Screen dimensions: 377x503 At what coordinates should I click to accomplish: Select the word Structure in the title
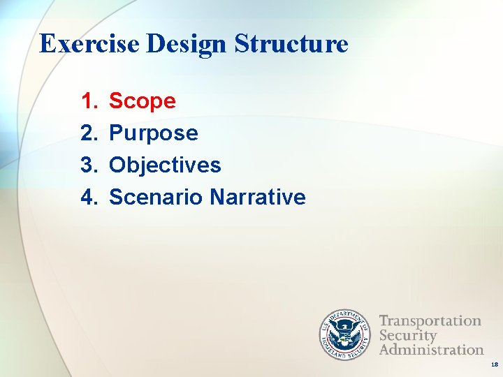291,44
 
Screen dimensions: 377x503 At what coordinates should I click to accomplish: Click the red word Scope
143,101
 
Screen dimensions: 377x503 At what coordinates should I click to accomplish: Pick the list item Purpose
154,133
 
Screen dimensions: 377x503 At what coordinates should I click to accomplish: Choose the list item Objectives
165,165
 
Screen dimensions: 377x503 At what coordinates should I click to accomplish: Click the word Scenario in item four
156,198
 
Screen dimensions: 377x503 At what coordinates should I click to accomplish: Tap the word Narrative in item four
258,198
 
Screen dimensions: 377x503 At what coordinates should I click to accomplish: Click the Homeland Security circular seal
344,334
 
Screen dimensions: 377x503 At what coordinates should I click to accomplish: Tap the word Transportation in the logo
430,321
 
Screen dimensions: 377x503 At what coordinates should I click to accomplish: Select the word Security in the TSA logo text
408,335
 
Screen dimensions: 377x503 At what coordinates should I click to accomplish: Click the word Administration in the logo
431,349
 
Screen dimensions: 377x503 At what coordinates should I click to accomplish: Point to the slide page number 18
494,365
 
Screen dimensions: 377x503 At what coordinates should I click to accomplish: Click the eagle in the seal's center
344,334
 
